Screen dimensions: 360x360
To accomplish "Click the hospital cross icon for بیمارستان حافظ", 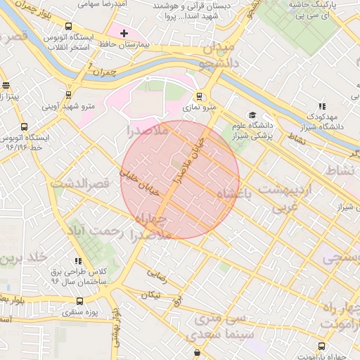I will click(124, 33).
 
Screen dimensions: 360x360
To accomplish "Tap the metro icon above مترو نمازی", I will click(200, 96).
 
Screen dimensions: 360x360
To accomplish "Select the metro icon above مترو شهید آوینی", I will click(68, 94).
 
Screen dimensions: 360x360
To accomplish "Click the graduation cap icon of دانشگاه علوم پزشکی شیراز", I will click(251, 115).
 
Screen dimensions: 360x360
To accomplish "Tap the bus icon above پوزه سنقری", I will click(78, 300).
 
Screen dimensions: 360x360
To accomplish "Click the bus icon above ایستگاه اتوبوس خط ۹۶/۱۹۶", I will click(25, 127).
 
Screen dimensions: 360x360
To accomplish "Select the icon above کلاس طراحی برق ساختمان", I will click(77, 261).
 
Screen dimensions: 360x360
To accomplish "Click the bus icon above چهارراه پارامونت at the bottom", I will click(321, 346).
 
